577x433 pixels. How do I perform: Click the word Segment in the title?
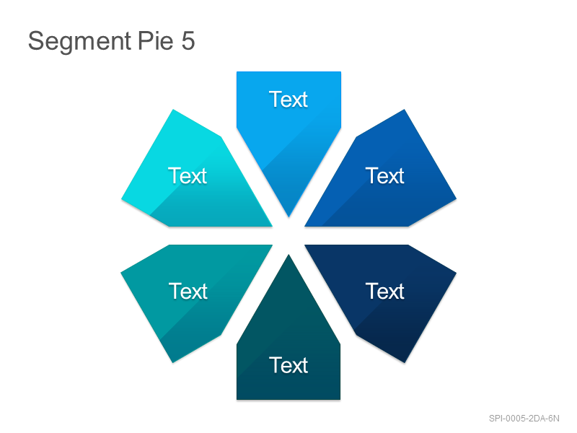[x=80, y=42]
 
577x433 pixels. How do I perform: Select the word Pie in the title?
[x=155, y=40]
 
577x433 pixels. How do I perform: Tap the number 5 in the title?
[x=188, y=40]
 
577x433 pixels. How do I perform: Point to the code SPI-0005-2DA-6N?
[x=524, y=419]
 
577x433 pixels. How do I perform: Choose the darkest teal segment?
[x=288, y=342]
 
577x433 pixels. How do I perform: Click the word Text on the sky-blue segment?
[x=288, y=100]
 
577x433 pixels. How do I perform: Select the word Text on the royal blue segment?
[x=385, y=175]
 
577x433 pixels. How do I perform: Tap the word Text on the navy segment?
[x=385, y=292]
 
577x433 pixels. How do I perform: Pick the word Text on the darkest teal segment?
[x=288, y=365]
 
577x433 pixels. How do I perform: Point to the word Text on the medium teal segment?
[x=188, y=292]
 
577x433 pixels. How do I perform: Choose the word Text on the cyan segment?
[x=188, y=175]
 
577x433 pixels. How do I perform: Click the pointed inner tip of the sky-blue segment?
[x=289, y=216]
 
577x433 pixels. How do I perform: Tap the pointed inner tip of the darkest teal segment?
[x=288, y=255]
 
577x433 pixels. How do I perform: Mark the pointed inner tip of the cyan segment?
[x=272, y=226]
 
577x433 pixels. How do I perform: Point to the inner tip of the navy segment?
[x=306, y=245]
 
